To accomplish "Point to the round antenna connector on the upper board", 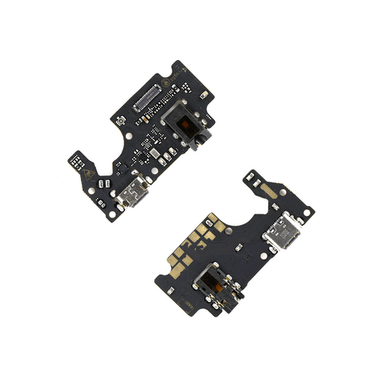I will [122, 124].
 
